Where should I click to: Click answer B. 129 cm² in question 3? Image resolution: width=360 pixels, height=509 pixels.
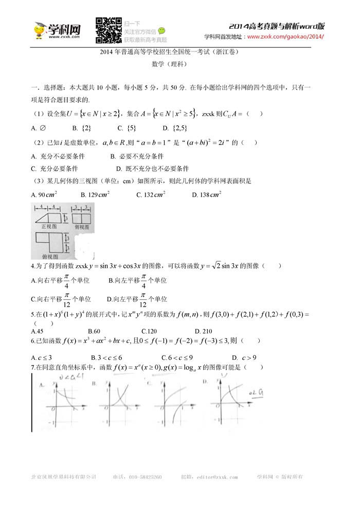(x=95, y=194)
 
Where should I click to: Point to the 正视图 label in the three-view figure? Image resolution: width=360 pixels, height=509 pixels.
(x=48, y=225)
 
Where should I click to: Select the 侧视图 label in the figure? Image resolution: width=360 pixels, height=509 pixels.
(x=82, y=225)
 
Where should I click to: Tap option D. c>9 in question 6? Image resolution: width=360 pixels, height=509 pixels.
(x=244, y=357)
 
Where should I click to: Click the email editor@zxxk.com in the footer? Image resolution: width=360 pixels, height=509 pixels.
(x=213, y=477)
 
